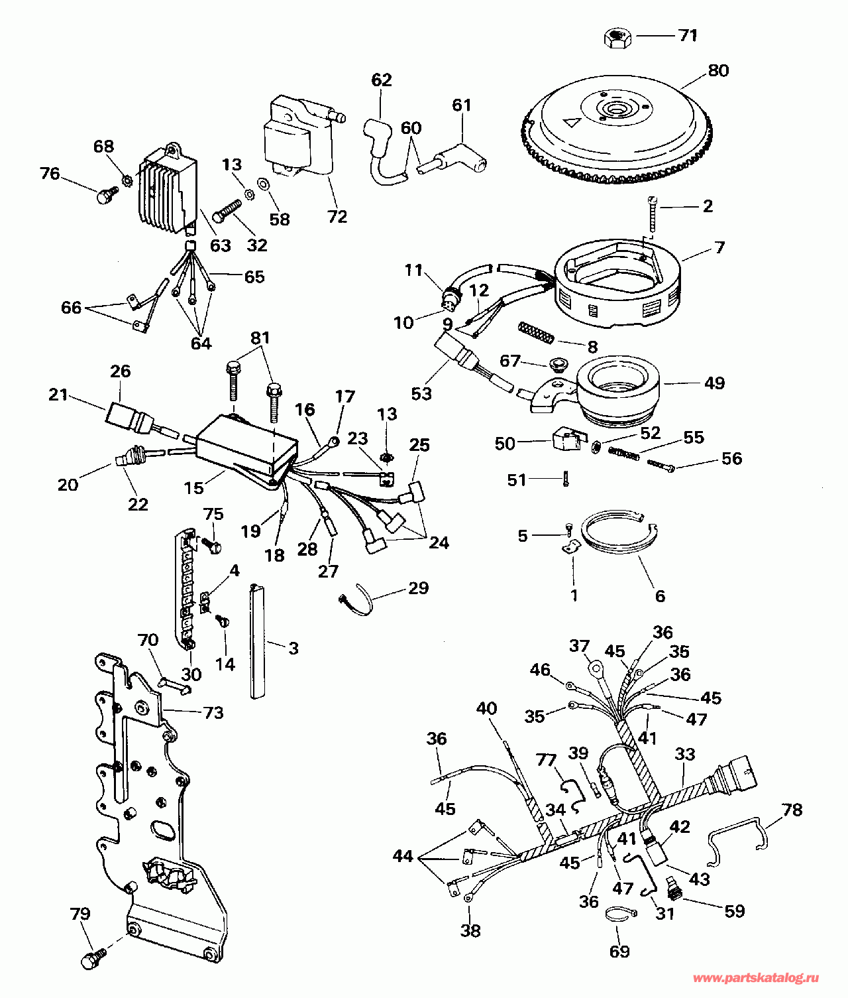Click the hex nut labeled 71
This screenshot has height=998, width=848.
618,37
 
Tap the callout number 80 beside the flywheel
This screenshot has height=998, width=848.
717,70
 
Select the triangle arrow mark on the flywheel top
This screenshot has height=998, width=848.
572,121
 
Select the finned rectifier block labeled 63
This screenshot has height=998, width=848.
168,188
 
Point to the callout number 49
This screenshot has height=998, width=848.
714,383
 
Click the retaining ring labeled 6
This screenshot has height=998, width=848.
620,534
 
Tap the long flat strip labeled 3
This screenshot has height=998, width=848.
258,641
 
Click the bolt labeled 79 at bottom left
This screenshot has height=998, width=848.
95,956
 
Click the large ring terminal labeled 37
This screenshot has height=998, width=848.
597,669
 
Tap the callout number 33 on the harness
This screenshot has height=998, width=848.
684,754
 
